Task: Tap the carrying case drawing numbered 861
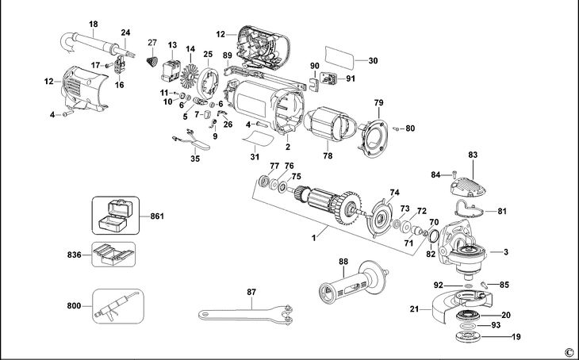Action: tap(110, 214)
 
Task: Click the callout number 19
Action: tap(516, 337)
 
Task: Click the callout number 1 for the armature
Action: tap(315, 236)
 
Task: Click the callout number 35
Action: tap(195, 159)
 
